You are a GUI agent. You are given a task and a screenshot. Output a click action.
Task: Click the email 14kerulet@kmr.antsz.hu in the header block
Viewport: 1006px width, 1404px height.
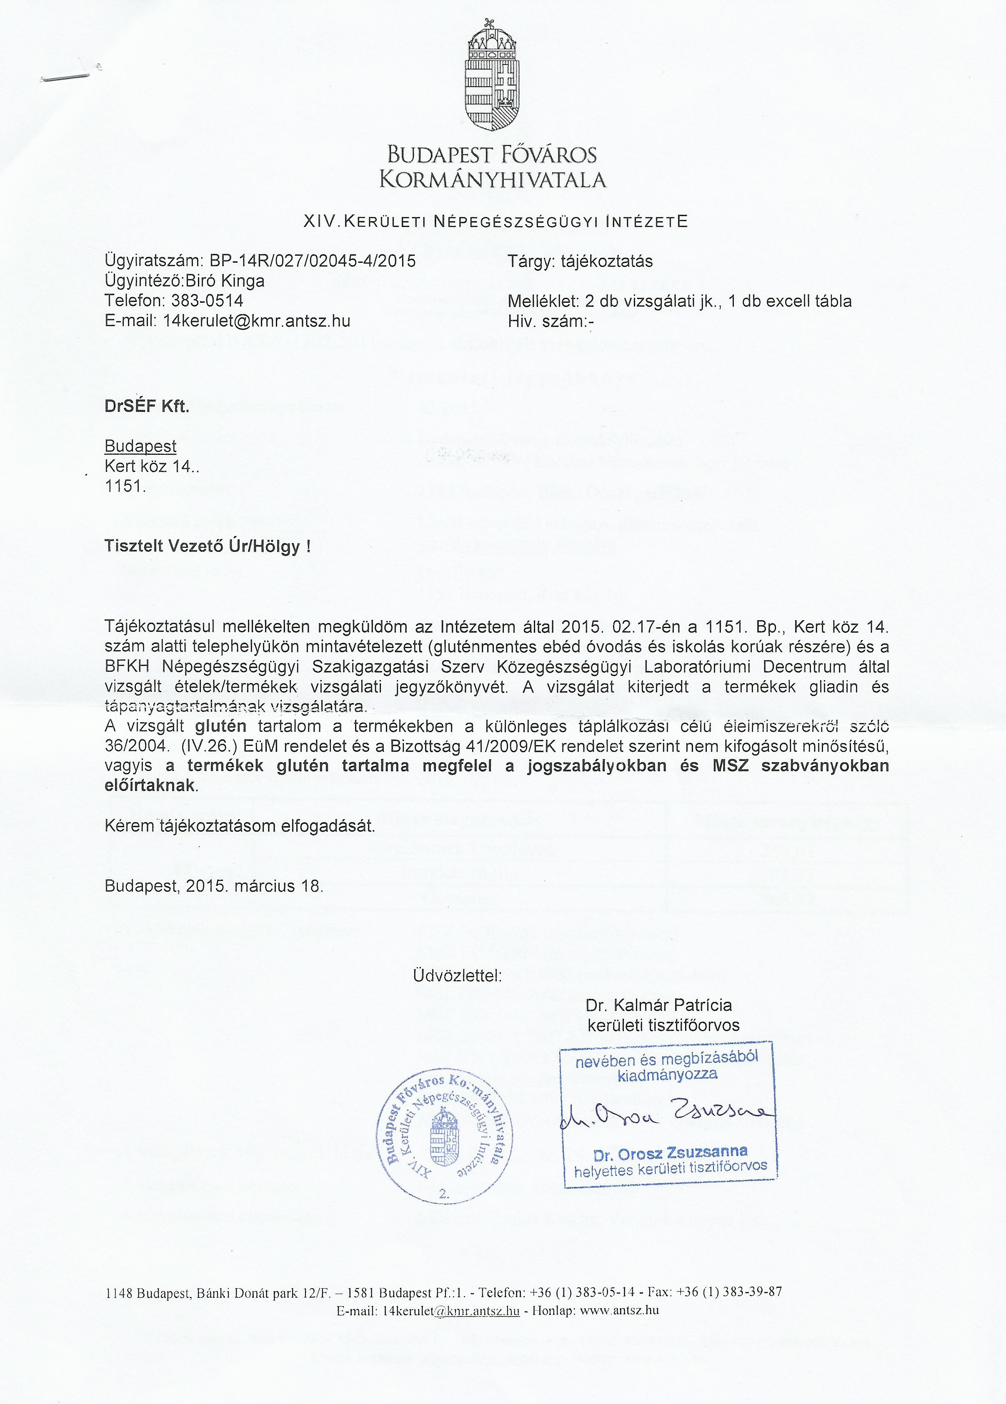pos(256,321)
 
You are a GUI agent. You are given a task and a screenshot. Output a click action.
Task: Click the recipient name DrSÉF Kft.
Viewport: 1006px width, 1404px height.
pos(147,407)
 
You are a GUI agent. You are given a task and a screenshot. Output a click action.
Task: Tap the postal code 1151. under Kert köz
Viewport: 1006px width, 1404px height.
pos(125,486)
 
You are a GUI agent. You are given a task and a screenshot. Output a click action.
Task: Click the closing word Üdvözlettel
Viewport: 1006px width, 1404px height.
pos(457,976)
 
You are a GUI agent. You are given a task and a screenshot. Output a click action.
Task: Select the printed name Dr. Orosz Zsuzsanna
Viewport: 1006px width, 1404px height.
pos(670,1154)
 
